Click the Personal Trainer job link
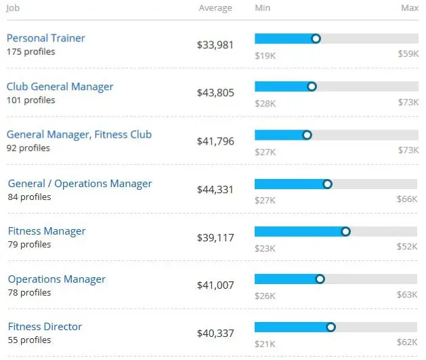click(46, 39)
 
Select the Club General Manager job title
click(60, 87)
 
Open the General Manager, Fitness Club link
click(79, 135)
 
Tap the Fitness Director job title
click(45, 327)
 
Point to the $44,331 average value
click(215, 191)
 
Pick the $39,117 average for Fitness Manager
click(215, 238)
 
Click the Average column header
click(215, 8)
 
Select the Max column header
click(409, 8)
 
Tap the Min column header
click(262, 8)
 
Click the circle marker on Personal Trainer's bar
click(316, 39)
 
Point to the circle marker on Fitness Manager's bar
click(346, 232)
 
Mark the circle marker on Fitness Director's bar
click(331, 327)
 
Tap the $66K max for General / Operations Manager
click(407, 200)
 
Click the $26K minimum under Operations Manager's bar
click(265, 295)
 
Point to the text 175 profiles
click(31, 52)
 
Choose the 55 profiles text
click(30, 340)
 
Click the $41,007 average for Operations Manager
click(215, 286)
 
